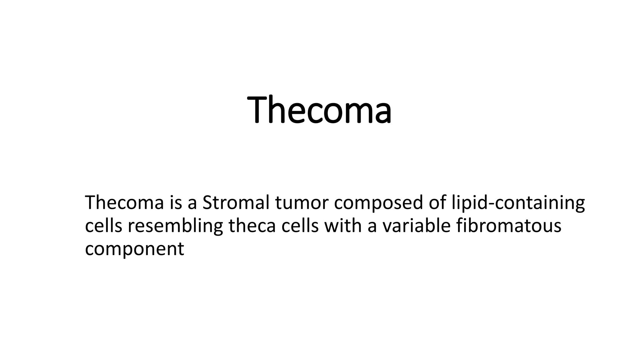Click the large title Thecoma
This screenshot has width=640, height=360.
[319, 110]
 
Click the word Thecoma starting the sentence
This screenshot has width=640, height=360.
[124, 202]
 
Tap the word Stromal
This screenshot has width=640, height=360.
[236, 202]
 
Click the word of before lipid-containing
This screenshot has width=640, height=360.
[437, 202]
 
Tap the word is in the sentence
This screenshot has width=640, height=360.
[176, 202]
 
